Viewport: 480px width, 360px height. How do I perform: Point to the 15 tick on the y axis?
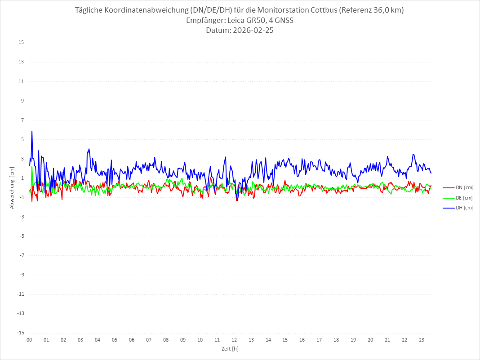coord(21,43)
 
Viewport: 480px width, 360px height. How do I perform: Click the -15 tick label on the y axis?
coord(20,333)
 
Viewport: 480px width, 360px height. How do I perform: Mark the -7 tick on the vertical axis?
coord(21,255)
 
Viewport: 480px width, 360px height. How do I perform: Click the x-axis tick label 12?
coord(234,340)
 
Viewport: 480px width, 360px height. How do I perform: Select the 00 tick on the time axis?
coord(29,340)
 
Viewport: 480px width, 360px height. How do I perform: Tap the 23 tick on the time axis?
coord(422,340)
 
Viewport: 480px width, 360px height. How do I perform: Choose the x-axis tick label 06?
coord(132,340)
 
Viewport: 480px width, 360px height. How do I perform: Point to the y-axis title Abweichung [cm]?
coord(12,187)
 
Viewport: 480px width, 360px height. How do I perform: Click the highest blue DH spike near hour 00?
coord(32,131)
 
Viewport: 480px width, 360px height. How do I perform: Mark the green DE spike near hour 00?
coord(31,167)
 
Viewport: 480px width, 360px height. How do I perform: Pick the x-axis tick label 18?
coord(336,340)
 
